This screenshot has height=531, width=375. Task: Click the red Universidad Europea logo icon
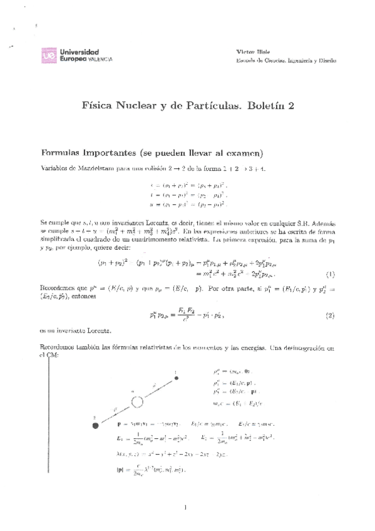(48, 55)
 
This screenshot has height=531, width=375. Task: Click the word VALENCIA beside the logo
(99, 59)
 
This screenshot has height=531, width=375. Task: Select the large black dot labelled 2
(96, 425)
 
